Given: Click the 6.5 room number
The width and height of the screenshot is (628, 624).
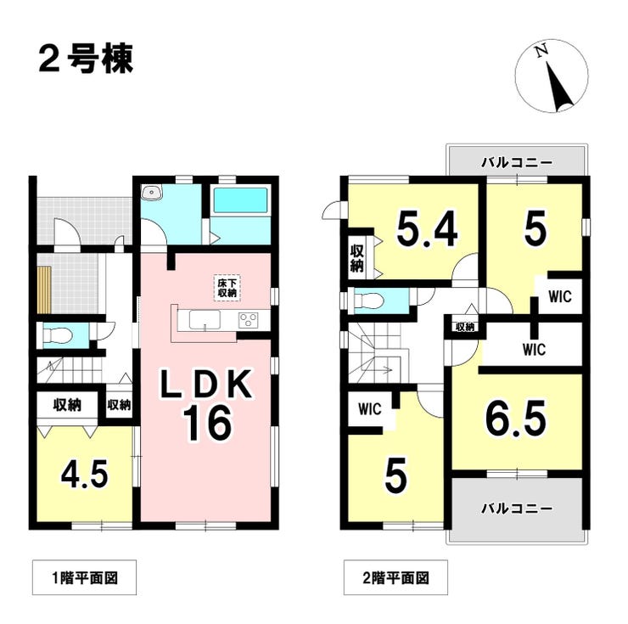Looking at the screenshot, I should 515,417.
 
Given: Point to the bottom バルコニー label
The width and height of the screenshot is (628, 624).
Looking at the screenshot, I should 517,509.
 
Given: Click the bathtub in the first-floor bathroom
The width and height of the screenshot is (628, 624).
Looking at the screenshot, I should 240,201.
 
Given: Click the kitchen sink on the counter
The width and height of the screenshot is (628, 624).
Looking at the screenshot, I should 205,320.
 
